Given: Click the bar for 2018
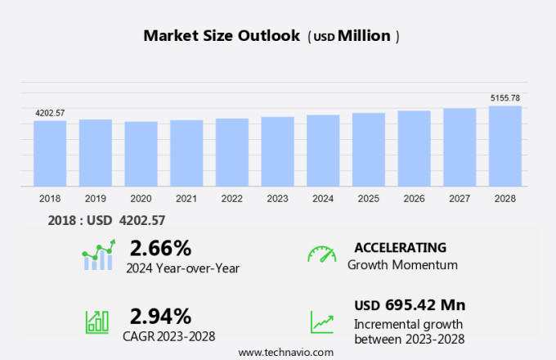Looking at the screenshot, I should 50,154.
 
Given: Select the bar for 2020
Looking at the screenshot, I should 141,154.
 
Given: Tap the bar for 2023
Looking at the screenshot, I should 278,152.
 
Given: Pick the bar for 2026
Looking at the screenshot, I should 415,149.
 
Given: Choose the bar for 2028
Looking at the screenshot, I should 505,146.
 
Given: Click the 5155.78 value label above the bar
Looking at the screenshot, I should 505,98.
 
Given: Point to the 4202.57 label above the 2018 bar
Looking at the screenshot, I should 50,113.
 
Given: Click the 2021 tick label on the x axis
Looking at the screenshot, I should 187,199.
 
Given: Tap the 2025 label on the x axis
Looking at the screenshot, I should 369,199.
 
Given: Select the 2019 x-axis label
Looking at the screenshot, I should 96,199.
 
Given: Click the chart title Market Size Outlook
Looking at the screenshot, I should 222,36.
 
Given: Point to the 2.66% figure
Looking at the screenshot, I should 160,248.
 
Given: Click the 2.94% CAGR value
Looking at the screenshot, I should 160,316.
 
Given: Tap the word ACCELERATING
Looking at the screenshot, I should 400,247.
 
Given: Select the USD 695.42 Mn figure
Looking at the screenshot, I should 410,305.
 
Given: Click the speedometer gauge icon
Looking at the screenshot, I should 321,254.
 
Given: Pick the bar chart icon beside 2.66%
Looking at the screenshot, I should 98,255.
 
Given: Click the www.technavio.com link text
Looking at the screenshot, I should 285,352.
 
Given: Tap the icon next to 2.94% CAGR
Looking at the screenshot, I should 97,322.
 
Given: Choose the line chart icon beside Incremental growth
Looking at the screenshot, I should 321,322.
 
